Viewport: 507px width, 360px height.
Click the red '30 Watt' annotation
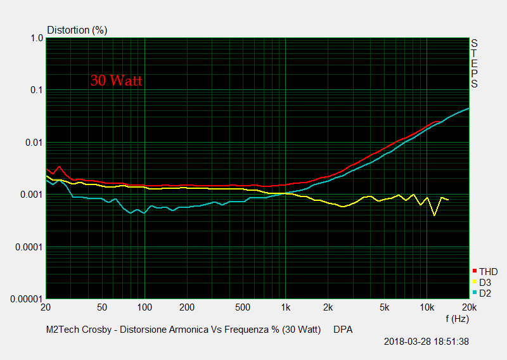(116, 80)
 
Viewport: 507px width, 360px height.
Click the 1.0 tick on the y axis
(35, 38)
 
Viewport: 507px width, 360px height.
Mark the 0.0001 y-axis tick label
(29, 247)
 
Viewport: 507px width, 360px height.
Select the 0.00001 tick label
(26, 299)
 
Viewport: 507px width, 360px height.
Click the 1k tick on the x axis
(285, 307)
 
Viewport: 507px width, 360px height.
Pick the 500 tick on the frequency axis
(243, 307)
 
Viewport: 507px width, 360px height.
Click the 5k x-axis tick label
(383, 307)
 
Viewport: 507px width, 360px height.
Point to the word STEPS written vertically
(474, 63)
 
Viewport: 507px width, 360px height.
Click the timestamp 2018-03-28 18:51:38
(427, 342)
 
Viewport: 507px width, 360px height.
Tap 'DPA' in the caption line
(343, 330)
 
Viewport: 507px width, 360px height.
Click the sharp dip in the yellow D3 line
(434, 215)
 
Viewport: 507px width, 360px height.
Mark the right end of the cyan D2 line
(468, 108)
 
